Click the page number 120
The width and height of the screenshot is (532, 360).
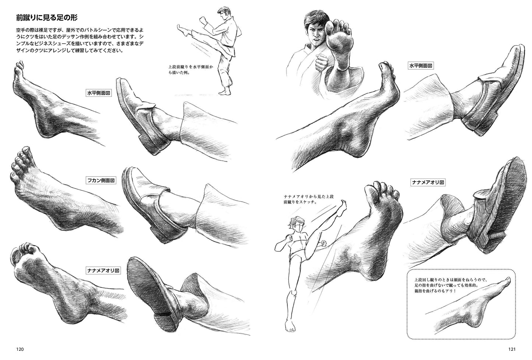coord(20,349)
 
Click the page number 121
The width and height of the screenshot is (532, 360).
coord(512,349)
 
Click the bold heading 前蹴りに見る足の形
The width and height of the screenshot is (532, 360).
coord(47,18)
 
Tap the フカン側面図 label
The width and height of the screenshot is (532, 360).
coord(101,180)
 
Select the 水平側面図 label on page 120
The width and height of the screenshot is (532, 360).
coord(99,93)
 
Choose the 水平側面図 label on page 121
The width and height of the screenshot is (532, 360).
coord(420,66)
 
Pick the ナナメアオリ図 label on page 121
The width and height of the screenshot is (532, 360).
coord(428,182)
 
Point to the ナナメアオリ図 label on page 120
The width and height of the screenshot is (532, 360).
coord(103,270)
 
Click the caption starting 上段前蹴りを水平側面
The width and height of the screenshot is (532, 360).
coord(190,70)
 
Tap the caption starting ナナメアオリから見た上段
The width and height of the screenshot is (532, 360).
coord(309,200)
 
